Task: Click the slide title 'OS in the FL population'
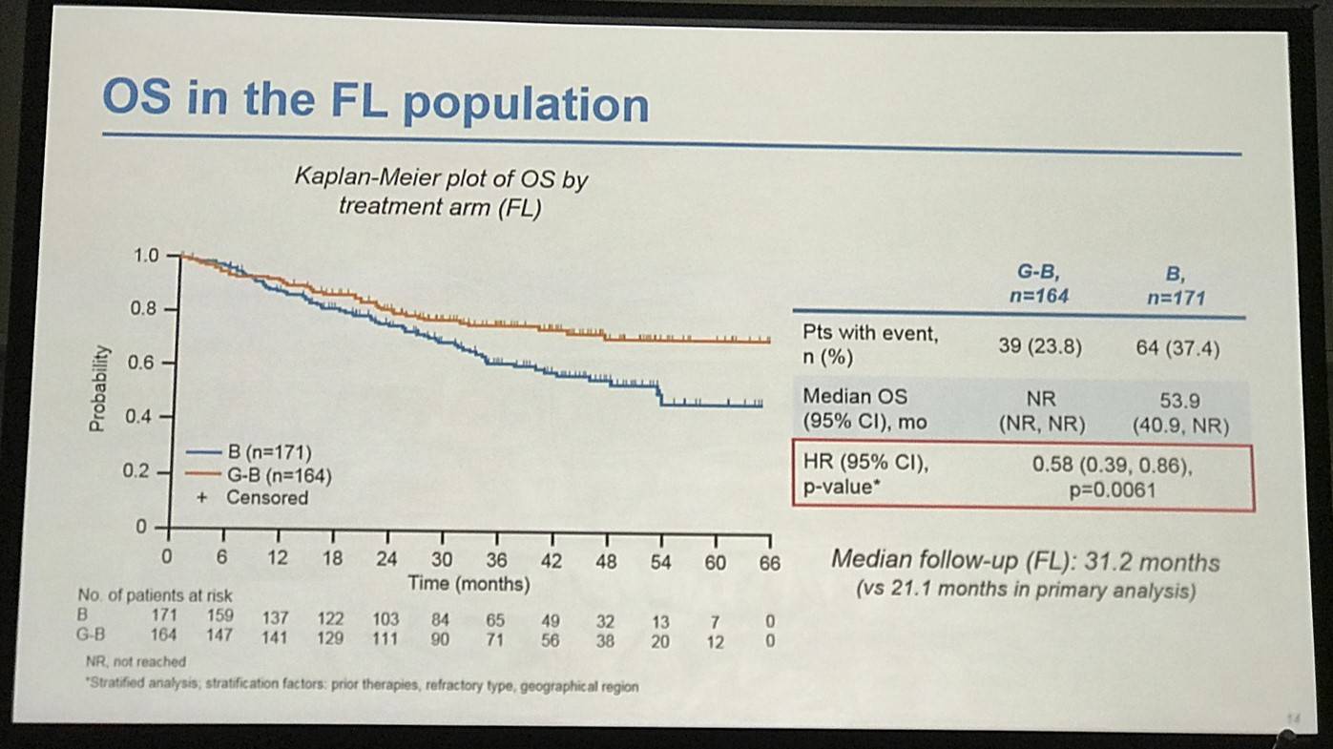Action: click(375, 102)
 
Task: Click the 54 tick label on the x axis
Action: click(660, 561)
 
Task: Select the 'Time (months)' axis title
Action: click(469, 583)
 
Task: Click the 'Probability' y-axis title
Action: click(97, 388)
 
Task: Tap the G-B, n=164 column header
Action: click(1039, 284)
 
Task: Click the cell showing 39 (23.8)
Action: click(1039, 347)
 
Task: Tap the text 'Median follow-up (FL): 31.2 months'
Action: click(1025, 561)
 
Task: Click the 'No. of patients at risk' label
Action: click(156, 595)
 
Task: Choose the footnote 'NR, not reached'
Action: click(135, 661)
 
